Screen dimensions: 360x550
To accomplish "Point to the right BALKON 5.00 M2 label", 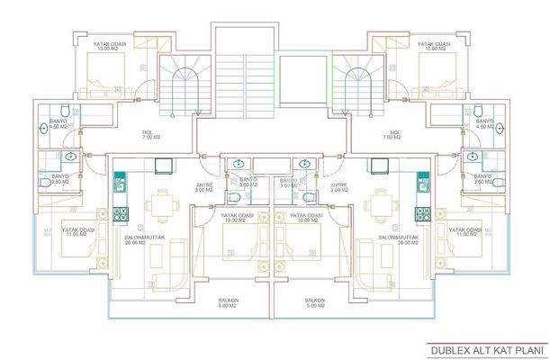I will point(313,303).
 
